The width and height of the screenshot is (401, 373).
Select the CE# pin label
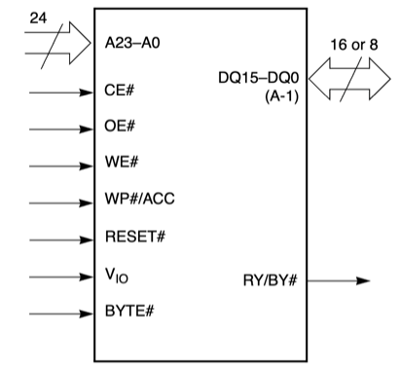(119, 94)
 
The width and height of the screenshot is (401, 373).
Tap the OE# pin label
(119, 128)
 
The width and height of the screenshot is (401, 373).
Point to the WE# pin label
(120, 164)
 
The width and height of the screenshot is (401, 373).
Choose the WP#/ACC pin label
(139, 202)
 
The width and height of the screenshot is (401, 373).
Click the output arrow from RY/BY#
(336, 281)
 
